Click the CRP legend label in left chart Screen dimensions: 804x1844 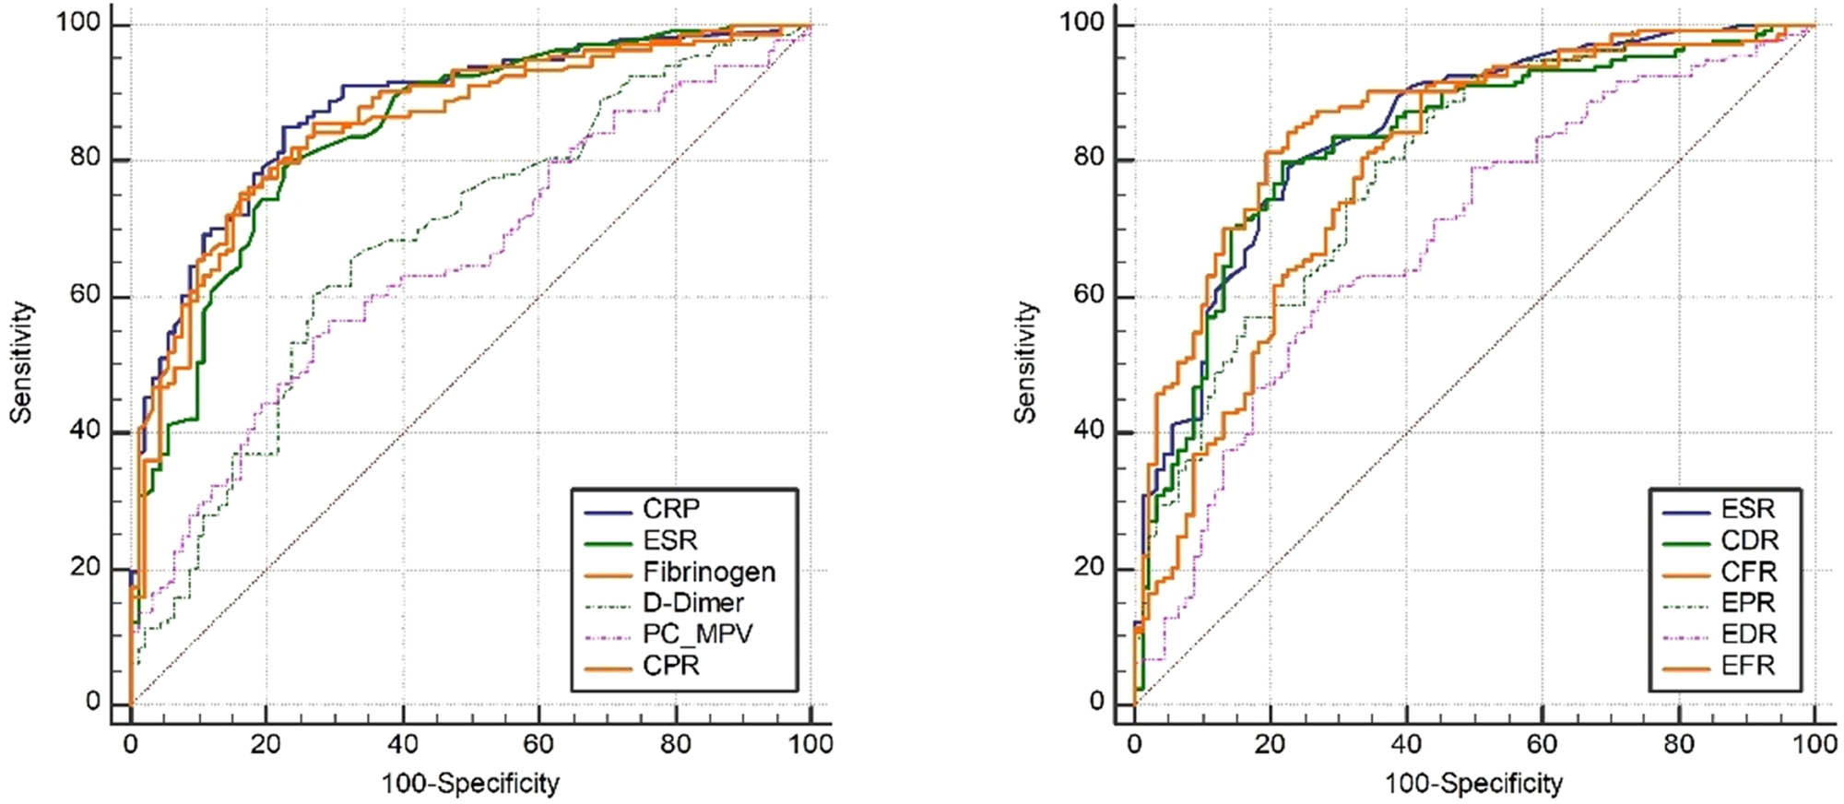pyautogui.click(x=671, y=509)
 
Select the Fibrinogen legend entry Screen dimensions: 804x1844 pyautogui.click(x=708, y=572)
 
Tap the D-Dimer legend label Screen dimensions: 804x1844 pyautogui.click(x=692, y=603)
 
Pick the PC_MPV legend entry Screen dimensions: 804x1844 pyautogui.click(x=697, y=634)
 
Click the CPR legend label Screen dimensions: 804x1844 pyautogui.click(x=671, y=666)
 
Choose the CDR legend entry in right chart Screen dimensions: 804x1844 pyautogui.click(x=1749, y=540)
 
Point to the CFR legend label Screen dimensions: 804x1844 pyautogui.click(x=1748, y=572)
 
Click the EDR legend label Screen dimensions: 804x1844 pyautogui.click(x=1749, y=634)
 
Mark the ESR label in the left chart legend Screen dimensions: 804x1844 pyautogui.click(x=670, y=540)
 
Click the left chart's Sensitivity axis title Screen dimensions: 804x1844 pyautogui.click(x=21, y=362)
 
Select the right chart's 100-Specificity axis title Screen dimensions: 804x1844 pyautogui.click(x=1473, y=784)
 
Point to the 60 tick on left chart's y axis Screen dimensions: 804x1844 pyautogui.click(x=85, y=295)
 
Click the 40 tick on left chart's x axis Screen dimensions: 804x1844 pyautogui.click(x=402, y=744)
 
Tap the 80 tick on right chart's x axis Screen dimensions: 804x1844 pyautogui.click(x=1678, y=744)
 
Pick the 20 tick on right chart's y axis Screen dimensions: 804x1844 pyautogui.click(x=1089, y=567)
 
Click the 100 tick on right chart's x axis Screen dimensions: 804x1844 pyautogui.click(x=1814, y=744)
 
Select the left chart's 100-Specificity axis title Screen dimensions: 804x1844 pyautogui.click(x=470, y=784)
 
